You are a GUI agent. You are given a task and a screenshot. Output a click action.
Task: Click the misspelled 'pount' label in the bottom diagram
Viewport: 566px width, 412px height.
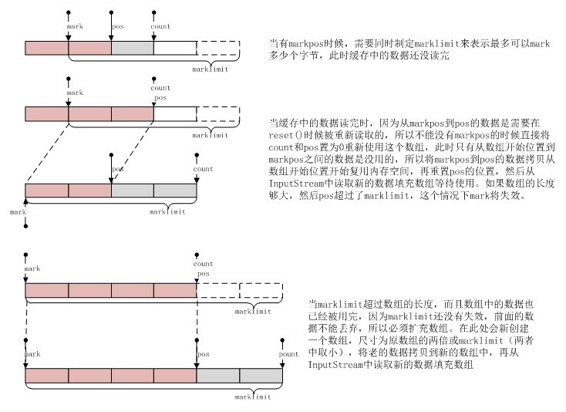tap(288, 353)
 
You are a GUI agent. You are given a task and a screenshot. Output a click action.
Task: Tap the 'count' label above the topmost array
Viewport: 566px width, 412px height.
tap(160, 27)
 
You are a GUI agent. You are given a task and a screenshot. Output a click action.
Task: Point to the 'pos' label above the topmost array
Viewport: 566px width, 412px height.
tap(117, 27)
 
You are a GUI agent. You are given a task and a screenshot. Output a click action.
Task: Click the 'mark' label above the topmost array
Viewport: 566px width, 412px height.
tap(75, 27)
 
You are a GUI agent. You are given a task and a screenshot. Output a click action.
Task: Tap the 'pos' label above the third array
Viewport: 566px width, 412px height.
tap(117, 168)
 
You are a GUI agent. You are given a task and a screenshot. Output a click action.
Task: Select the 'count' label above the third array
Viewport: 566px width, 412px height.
tap(204, 168)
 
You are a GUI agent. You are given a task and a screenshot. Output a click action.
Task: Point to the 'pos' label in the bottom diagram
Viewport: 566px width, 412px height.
tap(204, 353)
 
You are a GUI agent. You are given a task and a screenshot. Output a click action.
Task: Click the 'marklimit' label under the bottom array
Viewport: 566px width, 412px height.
tap(254, 397)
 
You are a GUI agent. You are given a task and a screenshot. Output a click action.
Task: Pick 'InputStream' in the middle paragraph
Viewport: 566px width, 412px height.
tap(294, 185)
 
